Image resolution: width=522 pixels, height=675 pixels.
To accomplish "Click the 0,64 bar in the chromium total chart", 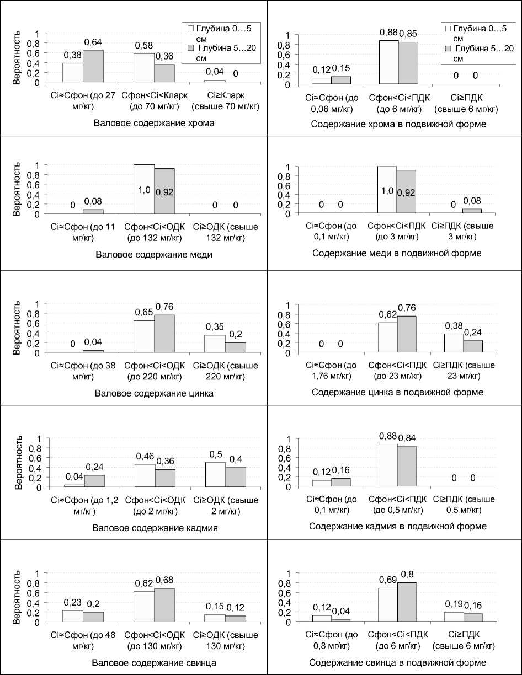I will click(x=93, y=66).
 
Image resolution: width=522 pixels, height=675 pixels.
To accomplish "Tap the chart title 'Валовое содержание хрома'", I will click(x=154, y=123).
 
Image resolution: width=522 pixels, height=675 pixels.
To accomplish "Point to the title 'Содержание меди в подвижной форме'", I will click(x=397, y=254).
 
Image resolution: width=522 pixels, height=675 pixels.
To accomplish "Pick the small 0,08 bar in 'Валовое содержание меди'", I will click(x=93, y=211).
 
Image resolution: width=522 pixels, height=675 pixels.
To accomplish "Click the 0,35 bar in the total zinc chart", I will click(x=216, y=344).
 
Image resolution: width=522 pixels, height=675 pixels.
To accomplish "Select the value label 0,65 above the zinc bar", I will click(x=144, y=312).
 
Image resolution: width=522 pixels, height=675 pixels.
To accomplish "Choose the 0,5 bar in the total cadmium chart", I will click(x=216, y=475).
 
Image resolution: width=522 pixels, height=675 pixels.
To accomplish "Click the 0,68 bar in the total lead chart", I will click(x=164, y=605).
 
